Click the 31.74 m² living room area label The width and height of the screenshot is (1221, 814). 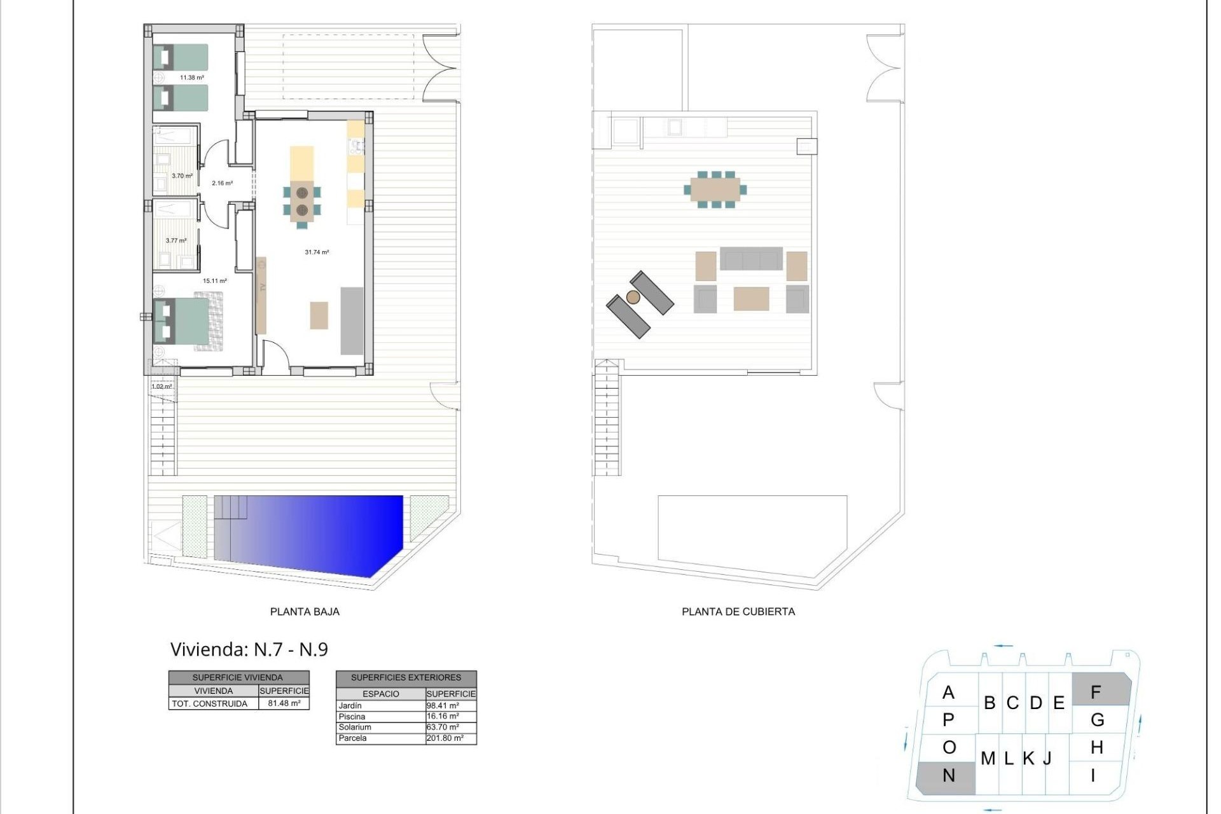[317, 252]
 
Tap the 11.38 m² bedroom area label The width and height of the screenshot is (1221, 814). [191, 78]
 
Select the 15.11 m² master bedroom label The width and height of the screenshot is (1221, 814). [214, 280]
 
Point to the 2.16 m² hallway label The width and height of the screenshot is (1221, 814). [222, 183]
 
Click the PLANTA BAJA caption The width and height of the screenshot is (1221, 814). [305, 612]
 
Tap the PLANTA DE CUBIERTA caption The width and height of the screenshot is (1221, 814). [738, 612]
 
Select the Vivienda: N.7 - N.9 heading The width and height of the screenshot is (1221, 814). [249, 649]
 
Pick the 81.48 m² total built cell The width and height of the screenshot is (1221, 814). [284, 703]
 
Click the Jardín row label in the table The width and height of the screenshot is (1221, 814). [350, 706]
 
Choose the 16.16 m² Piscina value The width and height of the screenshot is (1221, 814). [443, 717]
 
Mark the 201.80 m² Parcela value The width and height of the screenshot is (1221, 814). [445, 738]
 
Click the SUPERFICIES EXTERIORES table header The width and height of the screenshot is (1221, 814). [406, 677]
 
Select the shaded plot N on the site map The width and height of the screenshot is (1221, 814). [948, 776]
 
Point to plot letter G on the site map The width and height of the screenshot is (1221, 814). [1097, 720]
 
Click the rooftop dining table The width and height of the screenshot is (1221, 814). [715, 189]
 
